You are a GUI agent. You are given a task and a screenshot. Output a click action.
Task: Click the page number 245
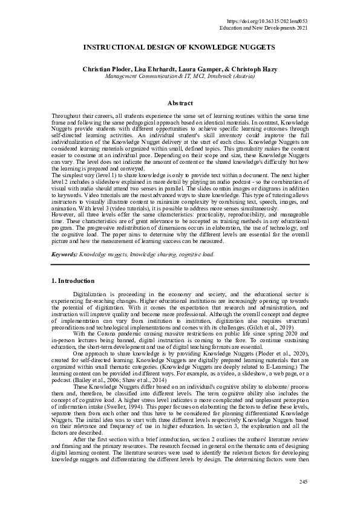click(x=304, y=481)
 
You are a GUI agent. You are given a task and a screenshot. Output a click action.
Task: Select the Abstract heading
click(x=180, y=103)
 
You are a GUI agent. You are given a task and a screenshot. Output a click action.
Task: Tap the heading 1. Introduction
click(x=72, y=281)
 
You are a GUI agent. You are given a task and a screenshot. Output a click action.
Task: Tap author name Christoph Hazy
click(x=255, y=70)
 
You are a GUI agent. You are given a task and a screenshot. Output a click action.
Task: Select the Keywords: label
click(x=64, y=255)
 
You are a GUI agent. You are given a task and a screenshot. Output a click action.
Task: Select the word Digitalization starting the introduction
click(x=91, y=294)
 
